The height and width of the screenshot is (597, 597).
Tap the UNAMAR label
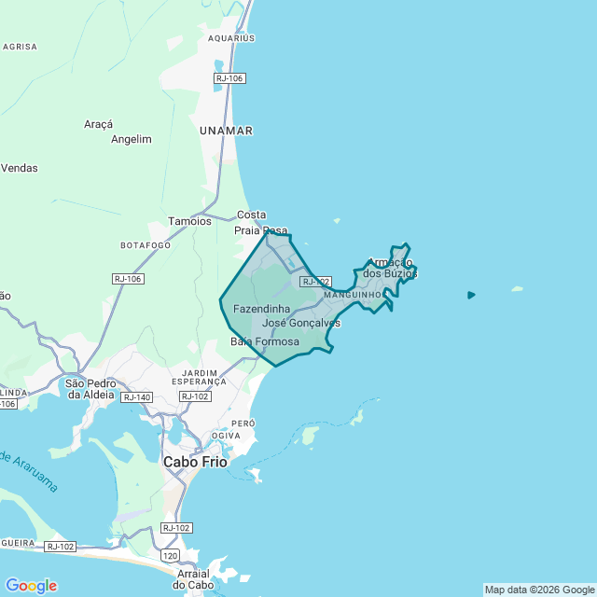[226, 132]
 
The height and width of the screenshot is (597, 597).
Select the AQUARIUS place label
[231, 38]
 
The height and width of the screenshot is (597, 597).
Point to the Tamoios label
[189, 221]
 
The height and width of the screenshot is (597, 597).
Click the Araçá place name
[98, 124]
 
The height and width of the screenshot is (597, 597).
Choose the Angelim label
[131, 139]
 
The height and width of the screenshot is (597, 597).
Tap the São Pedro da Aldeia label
[90, 389]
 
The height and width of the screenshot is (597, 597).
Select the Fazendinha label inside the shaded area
[261, 308]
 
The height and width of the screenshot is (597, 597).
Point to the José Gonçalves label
[301, 323]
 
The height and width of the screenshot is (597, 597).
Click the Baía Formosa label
[265, 342]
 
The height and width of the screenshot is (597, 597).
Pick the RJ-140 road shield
[136, 397]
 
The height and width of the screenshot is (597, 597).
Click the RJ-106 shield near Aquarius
[229, 78]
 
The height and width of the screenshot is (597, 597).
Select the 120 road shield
[169, 555]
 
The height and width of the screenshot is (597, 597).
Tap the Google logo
[31, 586]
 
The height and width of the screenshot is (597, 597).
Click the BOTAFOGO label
[146, 244]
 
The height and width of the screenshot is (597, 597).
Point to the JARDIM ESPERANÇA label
[199, 377]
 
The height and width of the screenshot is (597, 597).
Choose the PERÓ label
[243, 423]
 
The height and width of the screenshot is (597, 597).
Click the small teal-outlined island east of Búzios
[471, 295]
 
